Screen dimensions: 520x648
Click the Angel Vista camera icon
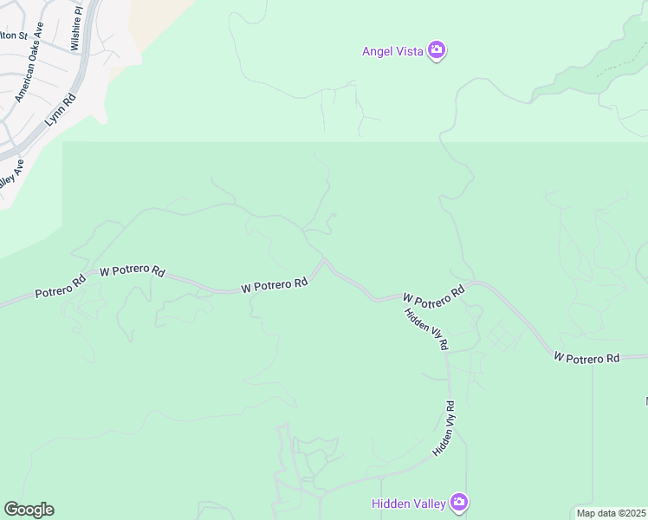pos(437,50)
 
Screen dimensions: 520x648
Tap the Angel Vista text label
pos(392,51)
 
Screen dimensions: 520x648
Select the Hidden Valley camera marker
pos(458,502)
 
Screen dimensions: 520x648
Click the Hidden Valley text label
pos(408,503)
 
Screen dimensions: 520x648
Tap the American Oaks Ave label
pos(29,75)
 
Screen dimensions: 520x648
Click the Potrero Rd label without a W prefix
pos(60,287)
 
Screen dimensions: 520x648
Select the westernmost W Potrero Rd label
pos(132,271)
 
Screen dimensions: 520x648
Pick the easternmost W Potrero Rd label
pos(586,357)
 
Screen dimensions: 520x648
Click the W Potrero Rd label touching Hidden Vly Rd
pos(433,294)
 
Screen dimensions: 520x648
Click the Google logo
pos(29,510)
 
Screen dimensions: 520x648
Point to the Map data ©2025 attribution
pos(611,513)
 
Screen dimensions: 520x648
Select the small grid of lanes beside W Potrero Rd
pos(500,335)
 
